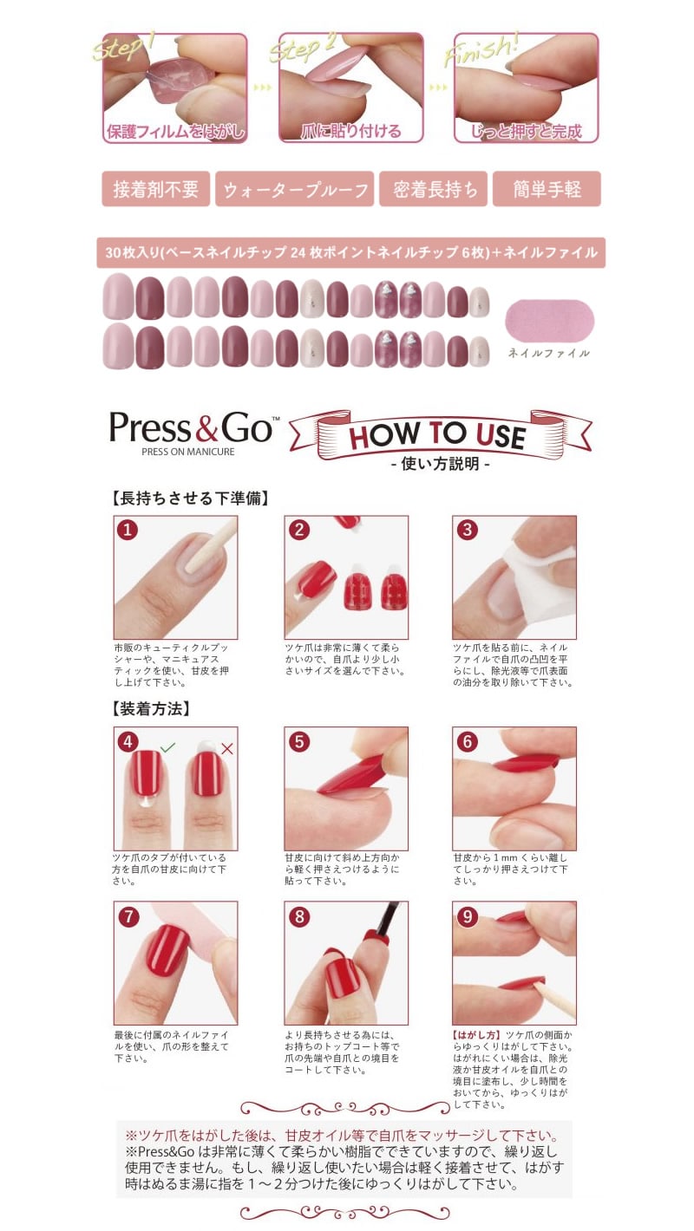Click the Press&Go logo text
point(191,427)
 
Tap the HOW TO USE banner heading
point(437,435)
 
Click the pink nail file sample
point(550,320)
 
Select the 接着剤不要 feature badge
point(155,189)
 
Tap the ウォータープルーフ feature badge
point(295,189)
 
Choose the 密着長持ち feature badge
point(434,189)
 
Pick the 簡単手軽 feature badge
point(547,189)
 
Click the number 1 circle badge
point(128,530)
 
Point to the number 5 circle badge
point(299,741)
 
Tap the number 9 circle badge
point(467,916)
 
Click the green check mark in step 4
point(167,747)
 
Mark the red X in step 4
point(226,748)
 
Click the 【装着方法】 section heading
point(151,709)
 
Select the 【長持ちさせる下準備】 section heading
point(190,498)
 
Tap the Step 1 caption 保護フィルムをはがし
point(175,132)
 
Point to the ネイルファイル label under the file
point(549,353)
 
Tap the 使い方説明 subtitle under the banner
point(440,464)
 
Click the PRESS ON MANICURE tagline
point(188,452)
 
